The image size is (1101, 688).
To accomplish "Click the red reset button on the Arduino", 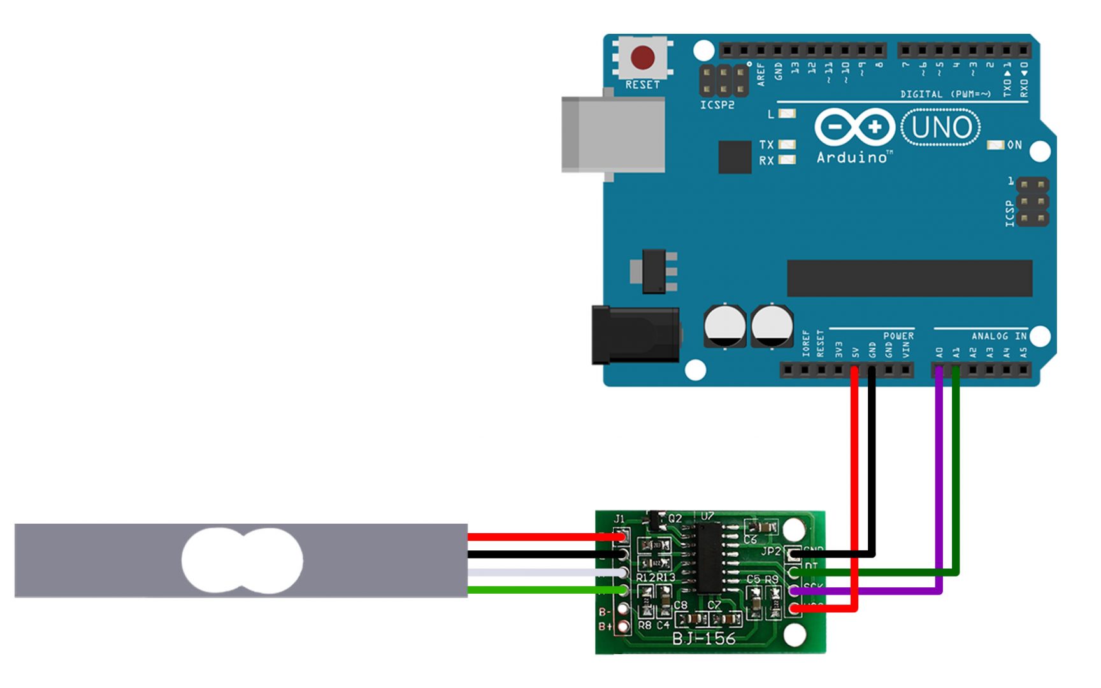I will tap(642, 58).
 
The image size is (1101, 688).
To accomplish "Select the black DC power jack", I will tap(635, 334).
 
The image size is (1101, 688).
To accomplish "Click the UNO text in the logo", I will tap(941, 127).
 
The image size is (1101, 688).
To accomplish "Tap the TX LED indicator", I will tap(788, 145).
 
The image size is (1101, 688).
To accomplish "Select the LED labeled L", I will tap(788, 114).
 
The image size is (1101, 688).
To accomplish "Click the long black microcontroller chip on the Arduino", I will tap(909, 278).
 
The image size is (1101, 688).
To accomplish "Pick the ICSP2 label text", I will tap(717, 105).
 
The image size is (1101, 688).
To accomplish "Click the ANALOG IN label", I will tap(998, 336).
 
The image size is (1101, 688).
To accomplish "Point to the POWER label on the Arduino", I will tap(898, 336).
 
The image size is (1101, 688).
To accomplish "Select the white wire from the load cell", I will tap(542, 573).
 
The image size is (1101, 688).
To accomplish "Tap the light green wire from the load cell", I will tap(542, 590).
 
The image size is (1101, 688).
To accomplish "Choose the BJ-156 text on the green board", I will tap(703, 638).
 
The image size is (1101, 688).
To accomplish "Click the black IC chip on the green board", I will tap(708, 557).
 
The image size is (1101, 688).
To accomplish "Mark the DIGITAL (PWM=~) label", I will tap(946, 94).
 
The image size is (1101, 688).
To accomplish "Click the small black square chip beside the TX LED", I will tap(735, 157).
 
